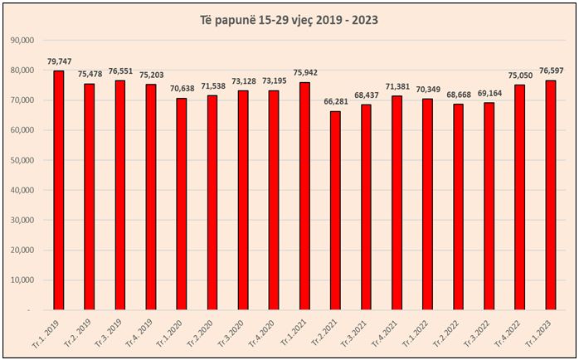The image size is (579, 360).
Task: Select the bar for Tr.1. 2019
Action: (58, 191)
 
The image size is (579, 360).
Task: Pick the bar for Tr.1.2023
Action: (550, 195)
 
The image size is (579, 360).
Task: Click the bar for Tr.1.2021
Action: (304, 196)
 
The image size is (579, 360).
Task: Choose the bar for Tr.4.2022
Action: (519, 197)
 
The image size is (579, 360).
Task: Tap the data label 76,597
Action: (551, 71)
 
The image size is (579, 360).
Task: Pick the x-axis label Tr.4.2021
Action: (390, 330)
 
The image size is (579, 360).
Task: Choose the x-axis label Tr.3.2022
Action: (482, 330)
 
